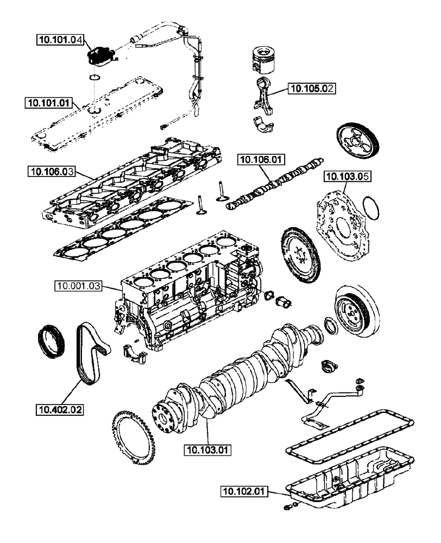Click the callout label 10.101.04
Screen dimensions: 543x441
(x=60, y=39)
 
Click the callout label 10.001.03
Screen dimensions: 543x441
(x=78, y=285)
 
